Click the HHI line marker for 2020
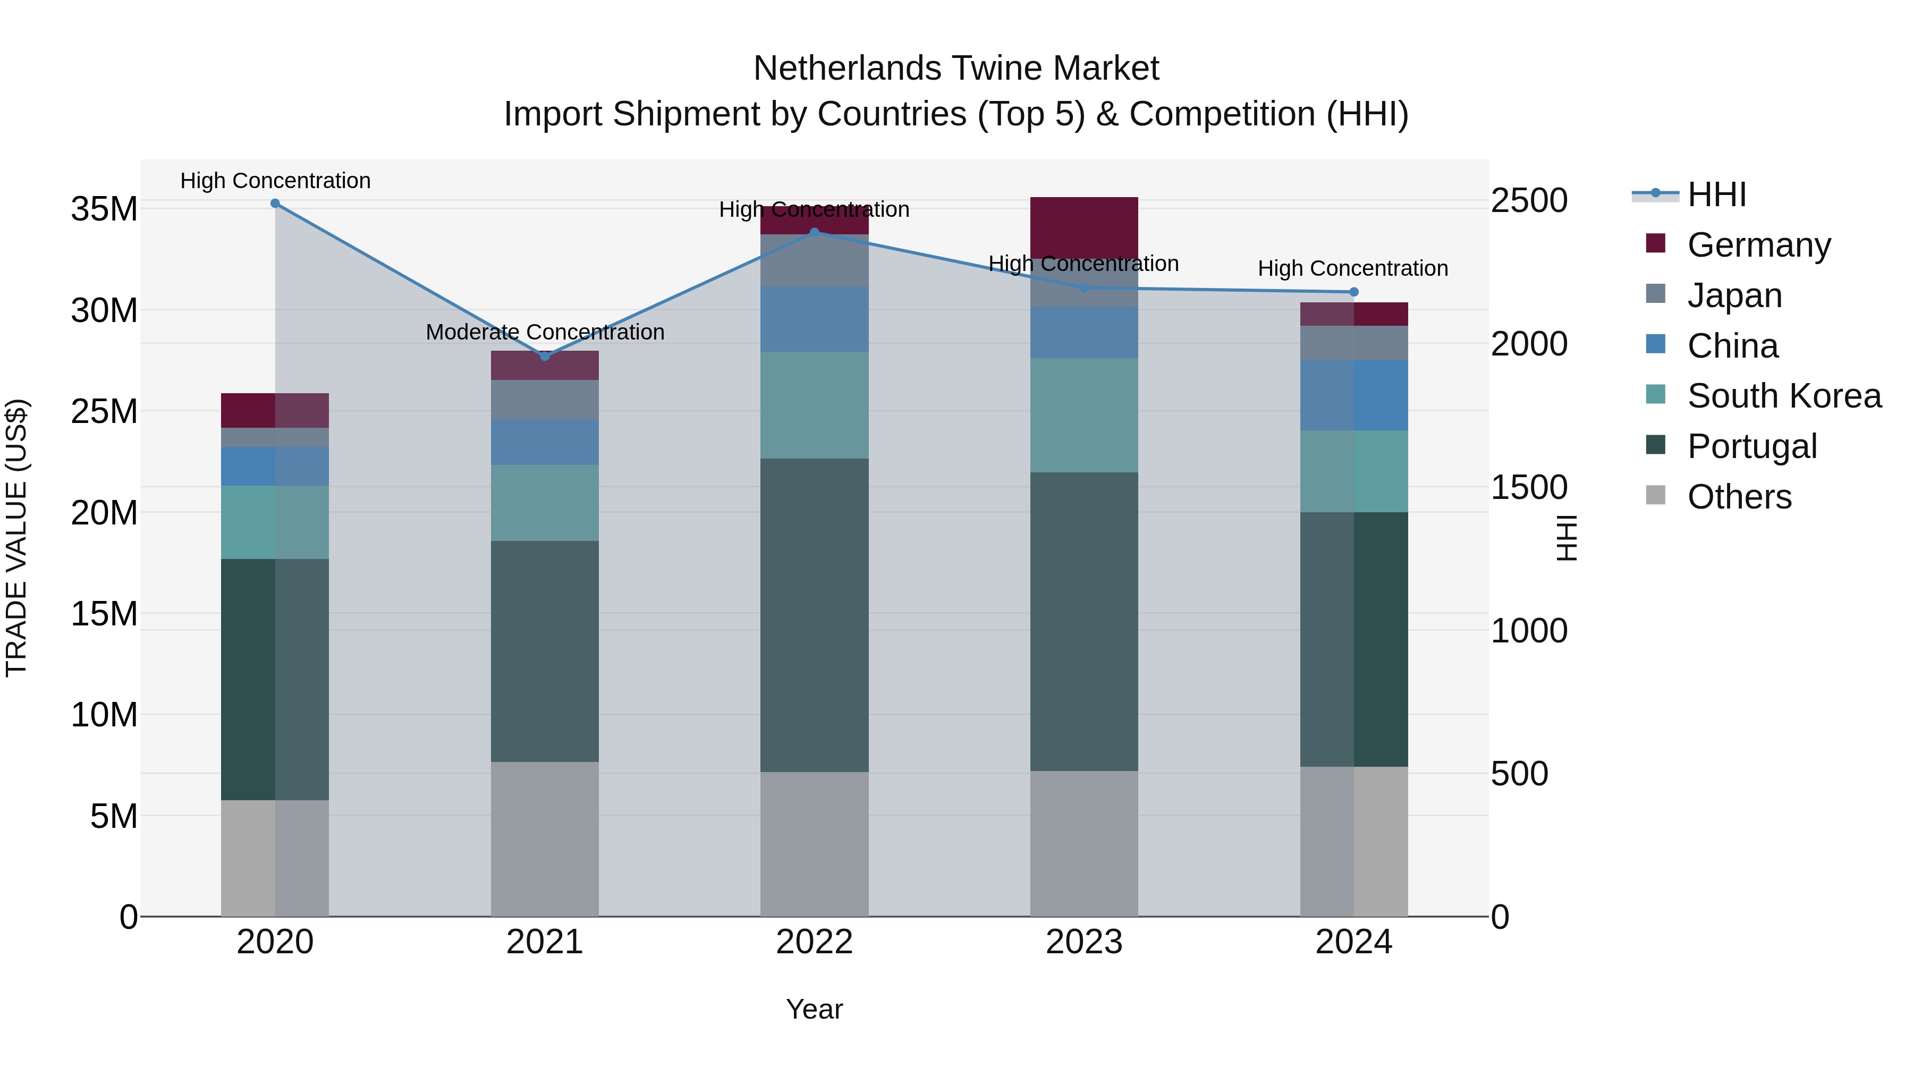point(275,204)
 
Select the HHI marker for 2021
point(544,357)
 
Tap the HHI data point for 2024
point(1353,292)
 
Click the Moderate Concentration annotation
point(544,332)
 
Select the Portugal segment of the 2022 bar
point(814,615)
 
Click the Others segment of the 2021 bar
point(544,839)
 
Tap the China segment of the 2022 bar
point(814,319)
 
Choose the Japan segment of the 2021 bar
point(544,400)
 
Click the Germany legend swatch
point(1655,243)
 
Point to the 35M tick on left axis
point(104,209)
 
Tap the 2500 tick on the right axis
point(1529,200)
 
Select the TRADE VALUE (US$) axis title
point(16,538)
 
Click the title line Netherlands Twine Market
point(956,69)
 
